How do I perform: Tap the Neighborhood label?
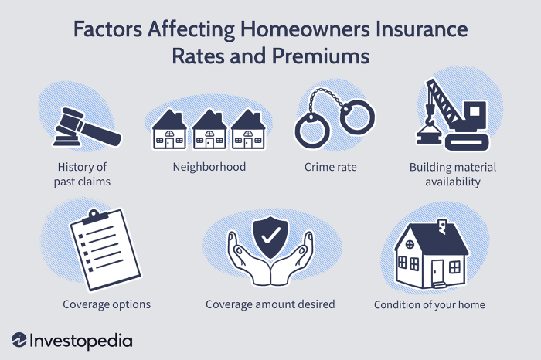pos(209,167)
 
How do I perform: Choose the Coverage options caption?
pos(107,304)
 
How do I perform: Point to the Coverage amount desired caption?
pos(270,304)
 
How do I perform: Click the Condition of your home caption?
pos(429,304)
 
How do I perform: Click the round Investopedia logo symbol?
pos(20,340)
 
